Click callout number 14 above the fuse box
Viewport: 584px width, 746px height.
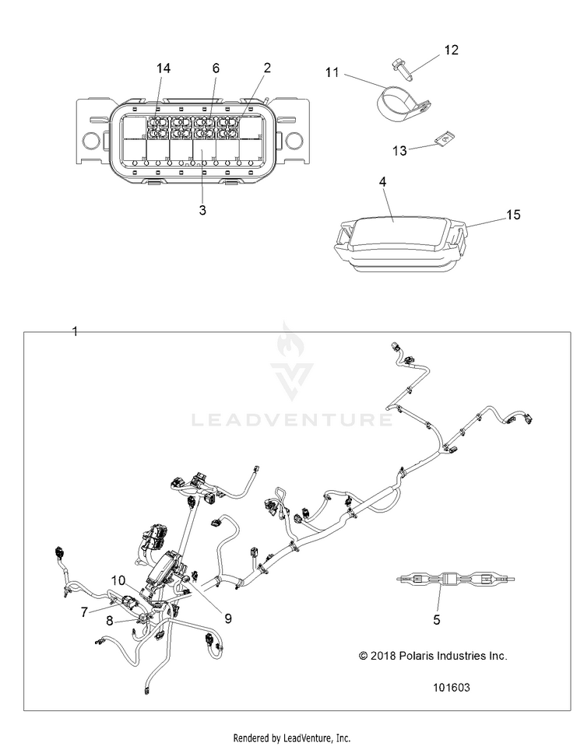[x=164, y=68]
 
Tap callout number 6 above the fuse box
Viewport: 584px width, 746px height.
[x=216, y=68]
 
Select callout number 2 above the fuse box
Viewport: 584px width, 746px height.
[x=267, y=68]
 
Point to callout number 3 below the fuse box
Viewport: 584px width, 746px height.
[x=202, y=210]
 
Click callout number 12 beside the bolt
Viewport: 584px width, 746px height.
[x=451, y=50]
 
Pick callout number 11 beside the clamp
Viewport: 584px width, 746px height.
[x=332, y=72]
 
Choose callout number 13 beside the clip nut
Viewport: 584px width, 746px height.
[x=399, y=151]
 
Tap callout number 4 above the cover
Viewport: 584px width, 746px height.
[x=382, y=182]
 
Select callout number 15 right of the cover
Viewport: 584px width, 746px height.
[x=513, y=215]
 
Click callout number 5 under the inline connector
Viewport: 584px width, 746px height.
[x=437, y=620]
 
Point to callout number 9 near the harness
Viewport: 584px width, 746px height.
[x=228, y=618]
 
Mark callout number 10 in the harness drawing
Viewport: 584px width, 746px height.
[x=118, y=580]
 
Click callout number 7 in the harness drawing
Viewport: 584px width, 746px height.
[x=84, y=612]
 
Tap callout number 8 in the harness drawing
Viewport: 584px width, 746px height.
[x=110, y=621]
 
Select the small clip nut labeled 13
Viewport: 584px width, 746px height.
[x=444, y=140]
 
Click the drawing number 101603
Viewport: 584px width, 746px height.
[x=452, y=688]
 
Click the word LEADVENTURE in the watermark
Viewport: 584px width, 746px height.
[x=292, y=419]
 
